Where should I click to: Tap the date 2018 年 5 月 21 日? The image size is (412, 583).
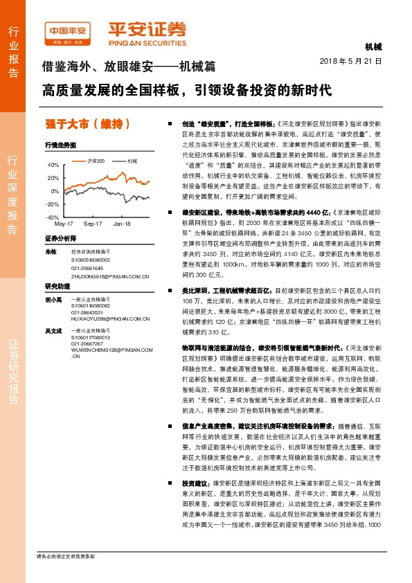(351, 61)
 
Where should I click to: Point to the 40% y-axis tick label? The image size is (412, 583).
(53, 165)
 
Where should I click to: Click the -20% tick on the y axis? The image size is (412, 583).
(53, 204)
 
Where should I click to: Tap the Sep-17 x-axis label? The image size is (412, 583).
(93, 224)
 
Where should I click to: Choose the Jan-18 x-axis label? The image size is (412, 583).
(122, 224)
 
